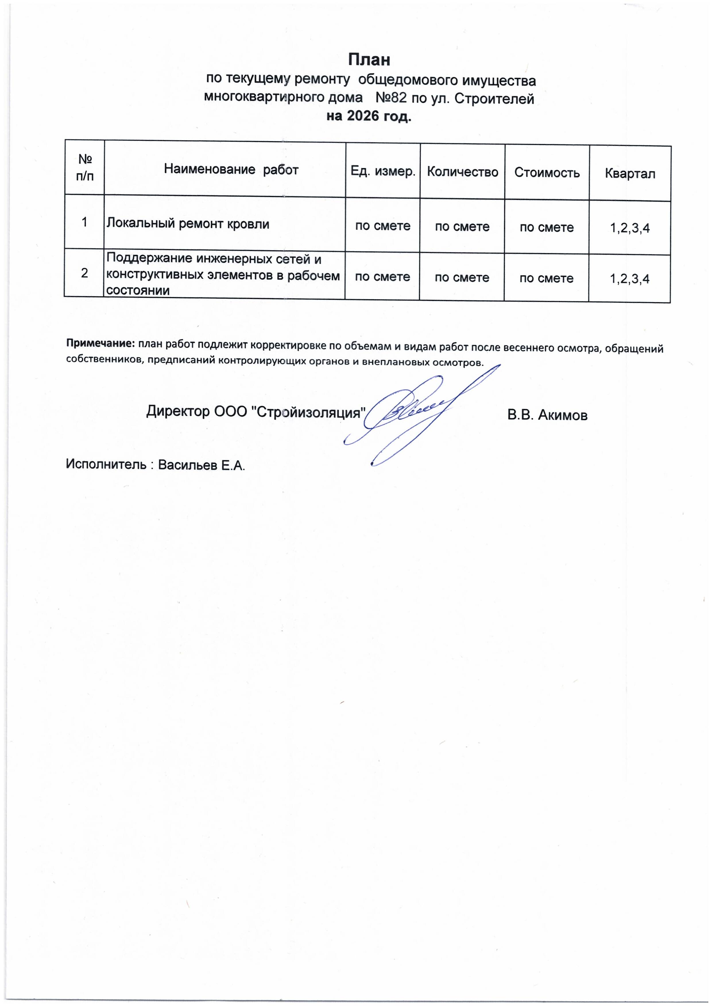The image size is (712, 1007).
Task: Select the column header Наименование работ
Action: pos(231,170)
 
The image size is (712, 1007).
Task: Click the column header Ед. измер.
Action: pos(382,171)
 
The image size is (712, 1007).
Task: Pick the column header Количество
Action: pos(463,172)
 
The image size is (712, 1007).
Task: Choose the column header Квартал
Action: pos(630,174)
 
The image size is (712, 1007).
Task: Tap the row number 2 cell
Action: pos(84,273)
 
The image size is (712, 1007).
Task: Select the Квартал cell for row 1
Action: pos(630,228)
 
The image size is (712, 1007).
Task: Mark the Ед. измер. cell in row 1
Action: pos(382,226)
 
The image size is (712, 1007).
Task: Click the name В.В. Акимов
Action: pos(547,415)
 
